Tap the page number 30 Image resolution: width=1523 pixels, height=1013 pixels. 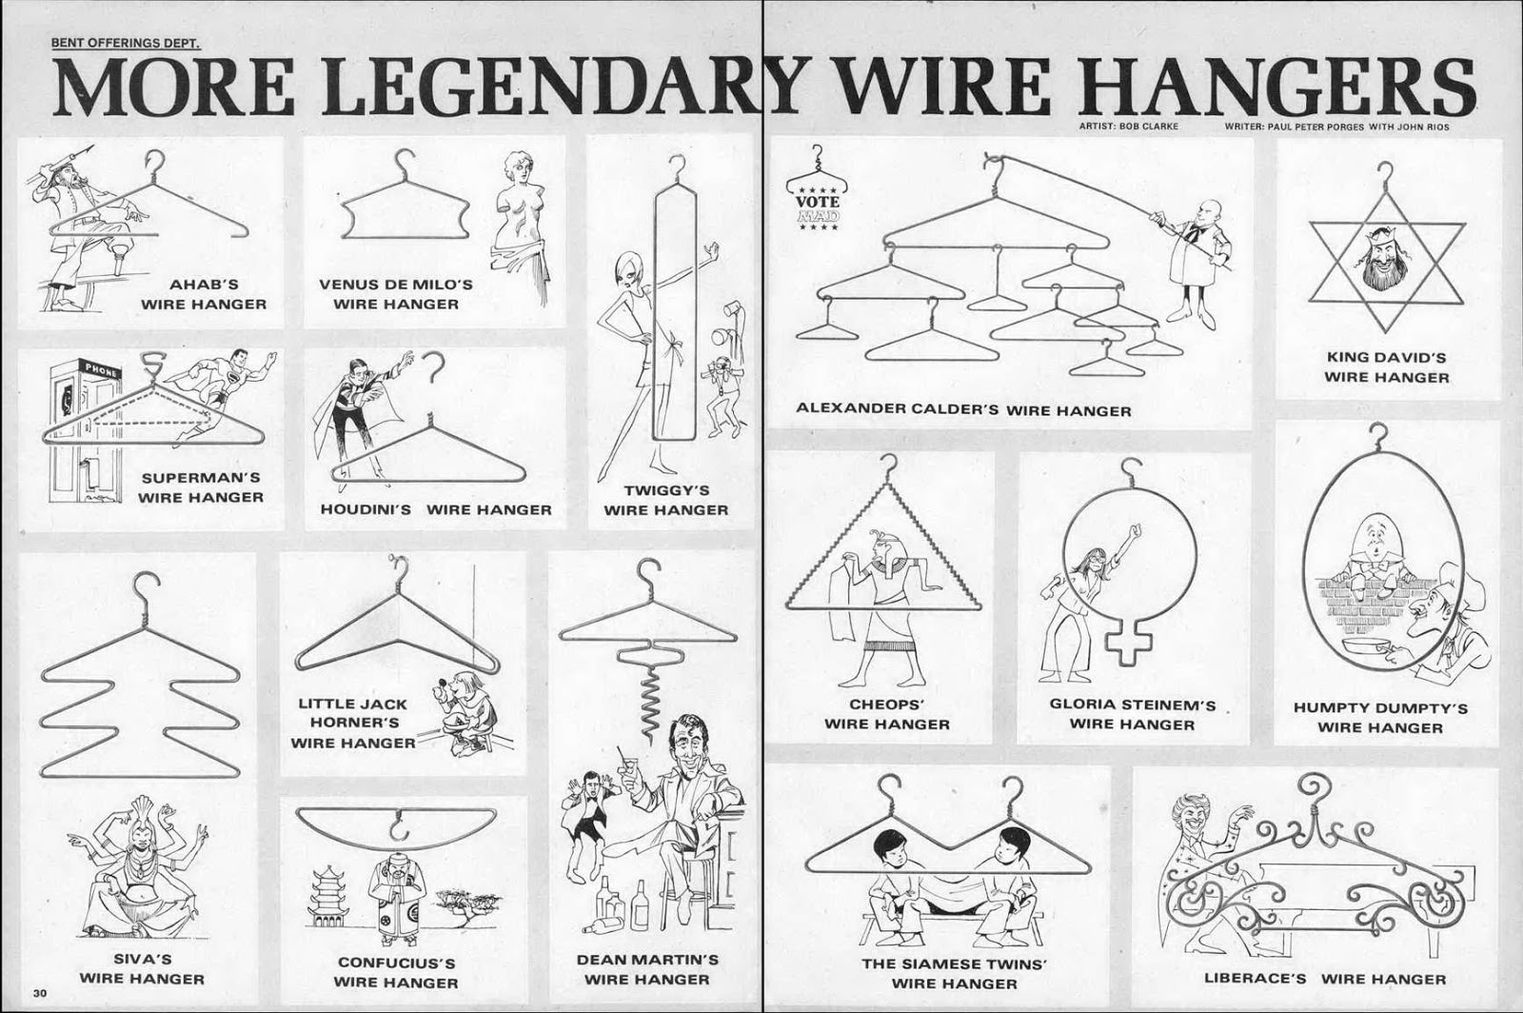click(x=39, y=994)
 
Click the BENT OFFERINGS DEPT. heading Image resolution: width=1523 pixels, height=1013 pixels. click(x=127, y=43)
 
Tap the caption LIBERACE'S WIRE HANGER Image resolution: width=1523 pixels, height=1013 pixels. click(x=1325, y=979)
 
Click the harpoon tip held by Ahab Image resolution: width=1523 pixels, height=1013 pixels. click(x=85, y=149)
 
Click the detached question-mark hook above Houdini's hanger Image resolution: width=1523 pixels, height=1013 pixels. click(x=434, y=367)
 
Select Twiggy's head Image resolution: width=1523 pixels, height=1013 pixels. click(x=628, y=269)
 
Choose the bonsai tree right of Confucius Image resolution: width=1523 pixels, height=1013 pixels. click(x=468, y=903)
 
